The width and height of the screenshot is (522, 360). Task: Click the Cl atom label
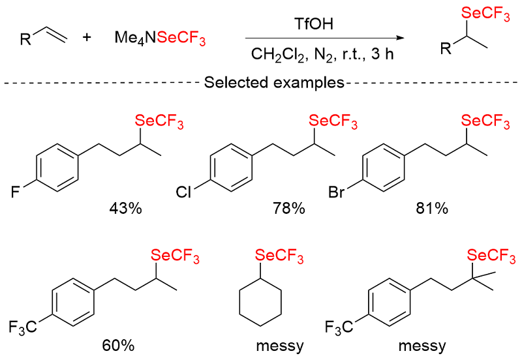[185, 192]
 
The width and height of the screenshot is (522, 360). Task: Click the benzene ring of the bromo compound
[382, 168]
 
